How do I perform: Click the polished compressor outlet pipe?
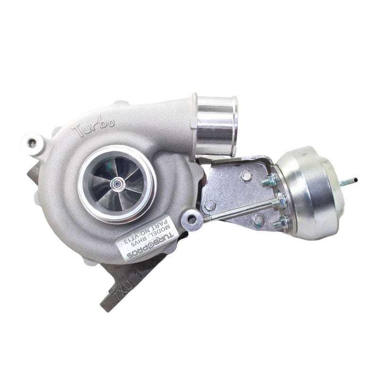point(216,125)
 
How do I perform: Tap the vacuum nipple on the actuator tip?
point(351,180)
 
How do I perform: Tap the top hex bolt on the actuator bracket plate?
point(246,176)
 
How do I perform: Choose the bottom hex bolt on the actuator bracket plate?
point(258,220)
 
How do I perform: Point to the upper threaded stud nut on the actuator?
point(273,180)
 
